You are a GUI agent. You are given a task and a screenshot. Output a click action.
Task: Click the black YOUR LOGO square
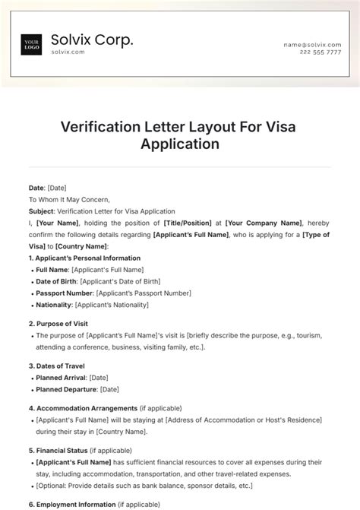[31, 45]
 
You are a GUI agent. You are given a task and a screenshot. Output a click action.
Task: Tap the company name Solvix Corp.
[92, 40]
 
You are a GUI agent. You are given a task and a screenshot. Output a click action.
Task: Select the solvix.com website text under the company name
[68, 52]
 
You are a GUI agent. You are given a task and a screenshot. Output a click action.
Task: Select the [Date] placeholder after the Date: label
[57, 188]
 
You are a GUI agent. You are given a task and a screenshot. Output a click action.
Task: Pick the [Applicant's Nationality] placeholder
[110, 305]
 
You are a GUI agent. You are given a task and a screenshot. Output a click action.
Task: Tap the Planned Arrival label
[61, 378]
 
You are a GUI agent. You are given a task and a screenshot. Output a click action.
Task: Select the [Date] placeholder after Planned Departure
[109, 389]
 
